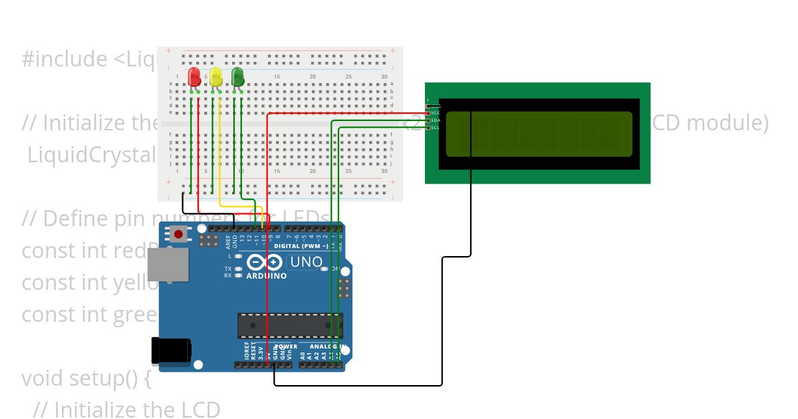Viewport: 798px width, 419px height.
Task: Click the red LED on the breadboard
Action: point(194,76)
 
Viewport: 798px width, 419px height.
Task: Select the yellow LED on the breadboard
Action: point(215,76)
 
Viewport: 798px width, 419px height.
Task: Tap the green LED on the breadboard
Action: point(237,76)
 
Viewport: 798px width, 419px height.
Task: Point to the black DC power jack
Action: point(171,351)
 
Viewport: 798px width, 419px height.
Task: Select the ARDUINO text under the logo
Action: point(267,275)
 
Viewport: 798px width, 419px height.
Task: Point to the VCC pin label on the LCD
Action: point(435,113)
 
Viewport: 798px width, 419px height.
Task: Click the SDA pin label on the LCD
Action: point(435,120)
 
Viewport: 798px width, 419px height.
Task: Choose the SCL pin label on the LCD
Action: point(435,127)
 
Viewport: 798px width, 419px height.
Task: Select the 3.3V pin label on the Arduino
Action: point(261,352)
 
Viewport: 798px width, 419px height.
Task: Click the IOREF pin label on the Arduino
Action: point(246,352)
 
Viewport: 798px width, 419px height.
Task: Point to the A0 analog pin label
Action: point(303,356)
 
